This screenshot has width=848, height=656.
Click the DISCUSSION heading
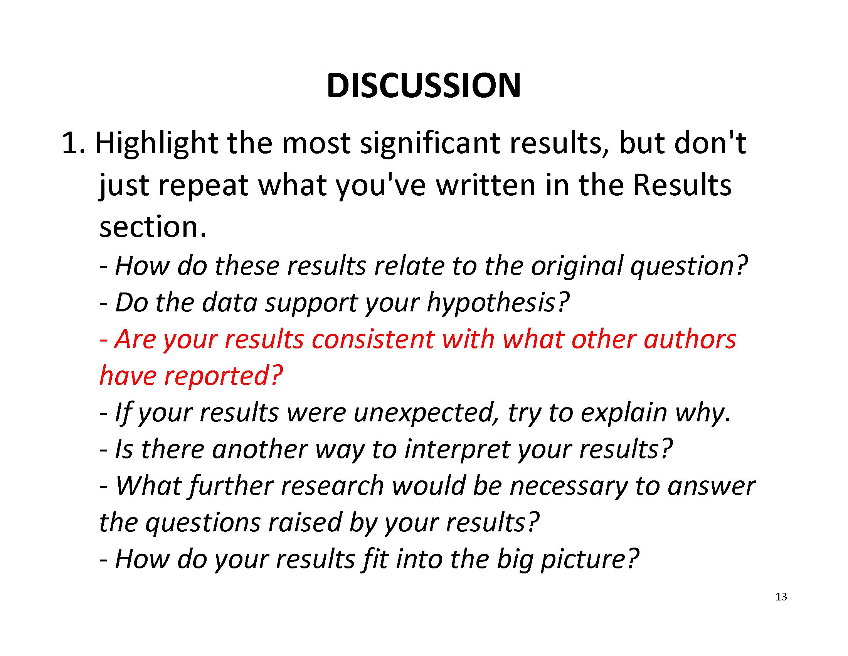[x=424, y=86]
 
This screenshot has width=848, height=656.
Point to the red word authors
[x=690, y=339]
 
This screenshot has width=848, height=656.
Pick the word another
[x=260, y=449]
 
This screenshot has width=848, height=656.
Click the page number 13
[x=781, y=597]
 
